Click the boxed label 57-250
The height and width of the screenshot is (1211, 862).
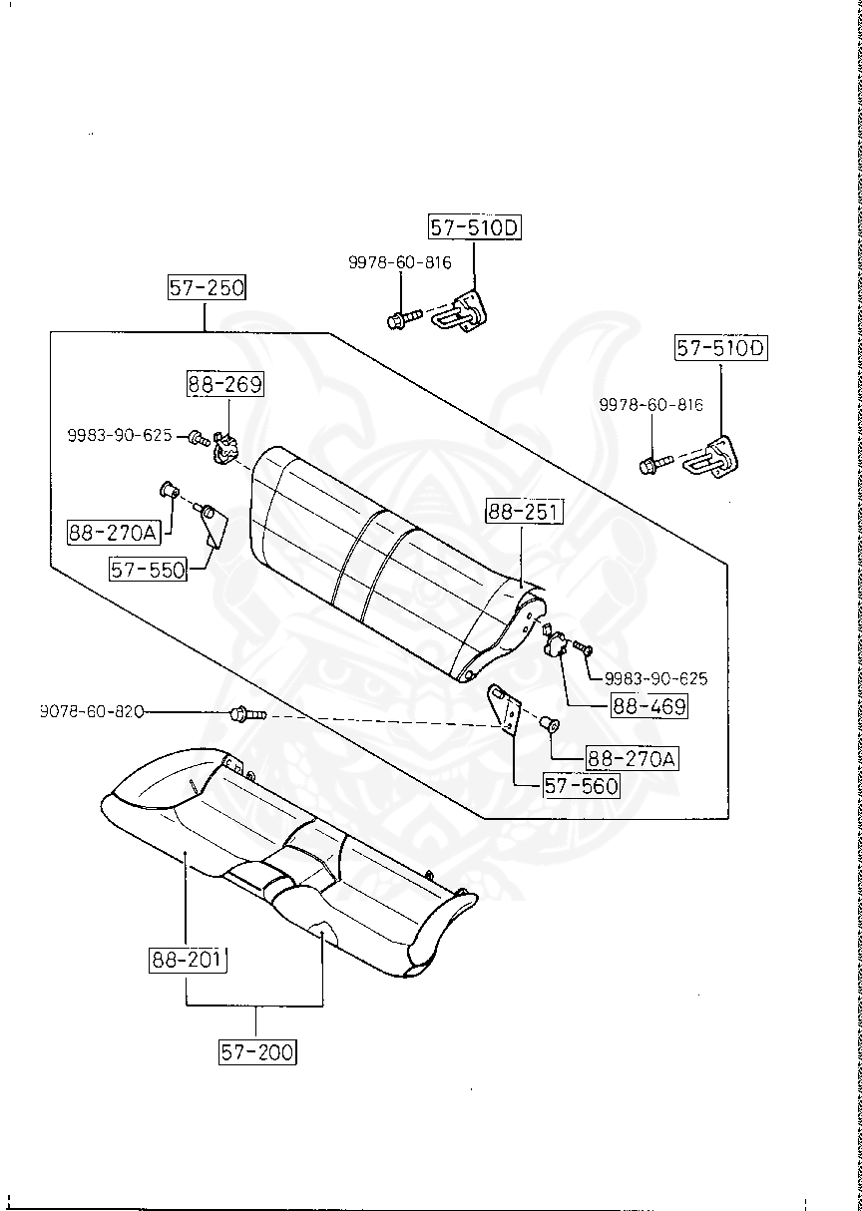(x=207, y=289)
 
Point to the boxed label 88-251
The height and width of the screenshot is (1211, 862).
(x=525, y=514)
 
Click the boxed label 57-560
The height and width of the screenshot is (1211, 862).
(x=581, y=785)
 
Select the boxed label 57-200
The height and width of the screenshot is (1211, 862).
(x=258, y=1050)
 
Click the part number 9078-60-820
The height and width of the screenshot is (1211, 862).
(x=92, y=711)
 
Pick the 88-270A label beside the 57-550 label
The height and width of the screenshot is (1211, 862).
(x=114, y=533)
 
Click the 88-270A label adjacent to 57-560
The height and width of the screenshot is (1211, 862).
(x=631, y=759)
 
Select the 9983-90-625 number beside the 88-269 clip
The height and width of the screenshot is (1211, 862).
(x=120, y=436)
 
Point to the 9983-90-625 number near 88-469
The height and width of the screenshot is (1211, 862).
(x=655, y=678)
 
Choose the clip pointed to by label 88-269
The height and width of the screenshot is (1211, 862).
(x=226, y=449)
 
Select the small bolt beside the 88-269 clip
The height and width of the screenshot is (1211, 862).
(x=198, y=437)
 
